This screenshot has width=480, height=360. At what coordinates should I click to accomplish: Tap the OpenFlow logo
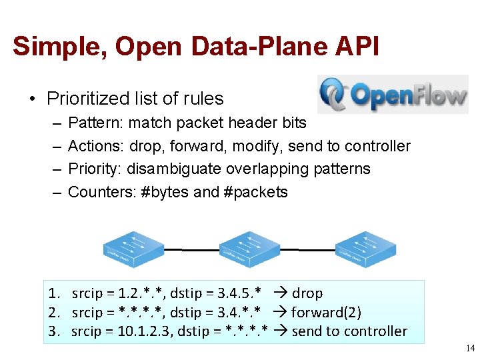coord(393,95)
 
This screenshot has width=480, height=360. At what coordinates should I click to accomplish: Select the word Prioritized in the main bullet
coord(87,99)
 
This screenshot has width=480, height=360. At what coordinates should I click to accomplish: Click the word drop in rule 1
coord(307,293)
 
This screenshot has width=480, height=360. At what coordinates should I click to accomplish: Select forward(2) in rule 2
coord(326,312)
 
